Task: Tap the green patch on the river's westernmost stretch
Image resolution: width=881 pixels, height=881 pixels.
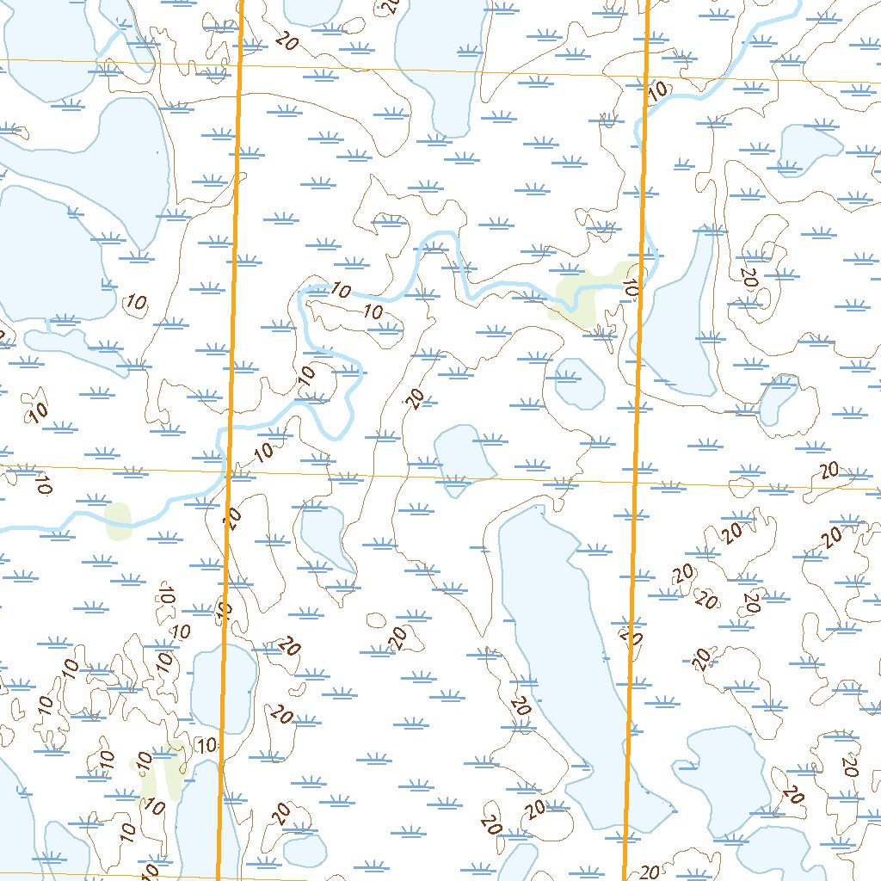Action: point(117,520)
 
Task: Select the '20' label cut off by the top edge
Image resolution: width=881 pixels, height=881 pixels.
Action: point(391,7)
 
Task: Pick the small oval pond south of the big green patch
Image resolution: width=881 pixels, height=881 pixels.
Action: point(579,384)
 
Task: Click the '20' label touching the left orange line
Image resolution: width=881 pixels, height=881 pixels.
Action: point(232,516)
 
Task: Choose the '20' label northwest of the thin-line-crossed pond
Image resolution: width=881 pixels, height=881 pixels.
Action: point(416,398)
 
